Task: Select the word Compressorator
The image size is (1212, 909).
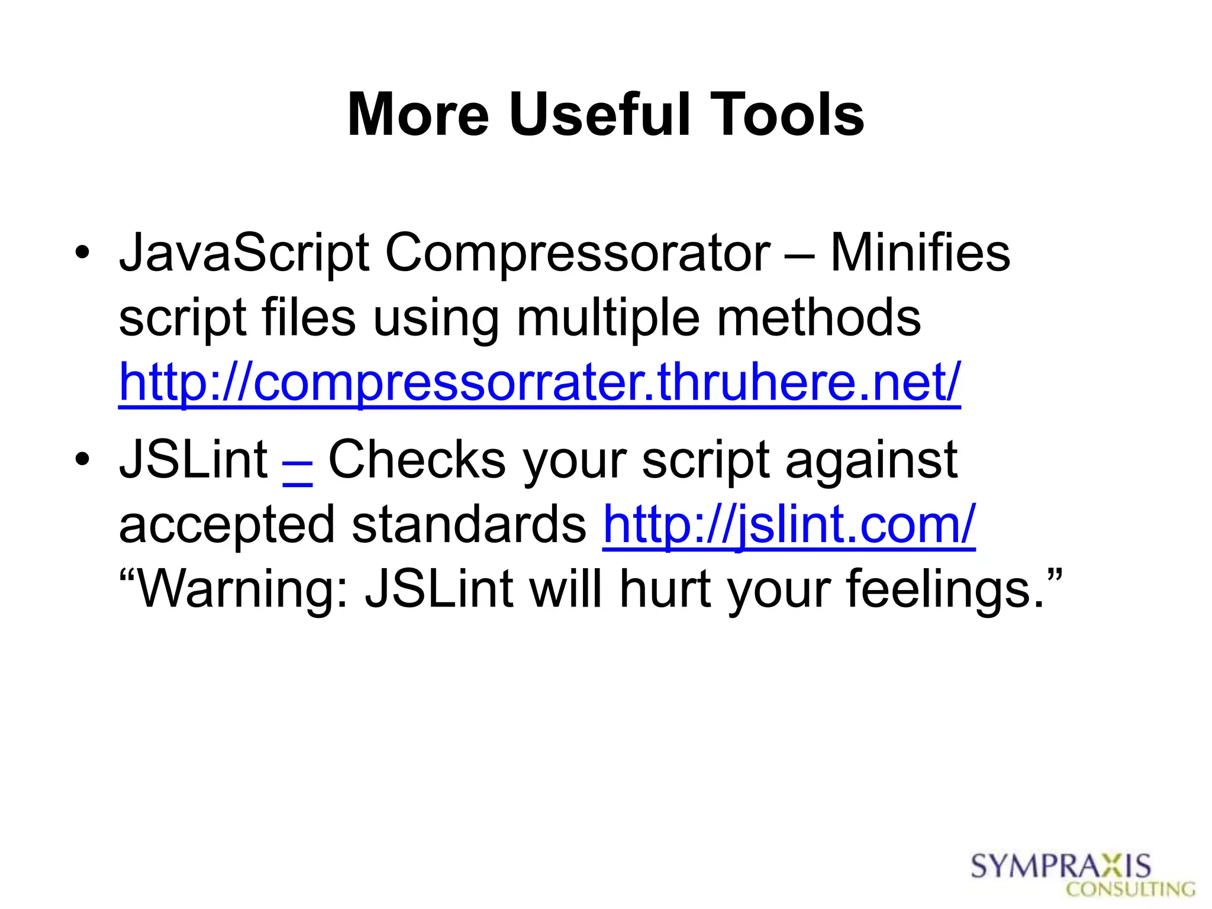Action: click(578, 253)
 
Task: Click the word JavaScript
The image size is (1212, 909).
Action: click(244, 253)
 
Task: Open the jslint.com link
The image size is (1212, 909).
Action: click(789, 524)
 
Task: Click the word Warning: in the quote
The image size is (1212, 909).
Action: click(234, 589)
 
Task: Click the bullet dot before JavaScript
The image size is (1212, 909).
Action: click(82, 253)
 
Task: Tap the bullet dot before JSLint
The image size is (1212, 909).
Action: click(82, 459)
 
